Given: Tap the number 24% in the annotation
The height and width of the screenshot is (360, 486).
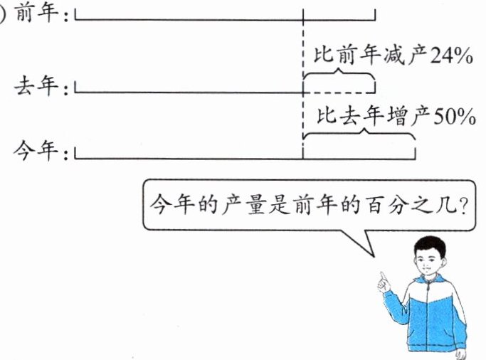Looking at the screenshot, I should [x=450, y=55].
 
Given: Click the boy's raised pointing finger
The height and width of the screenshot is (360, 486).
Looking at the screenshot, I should [x=382, y=276].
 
